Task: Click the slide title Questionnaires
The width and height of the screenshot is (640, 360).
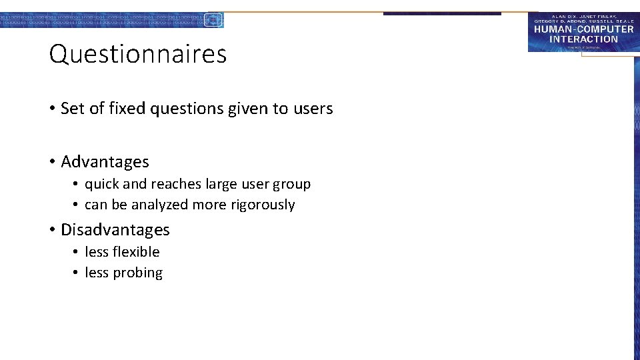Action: click(138, 54)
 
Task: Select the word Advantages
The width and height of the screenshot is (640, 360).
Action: click(105, 162)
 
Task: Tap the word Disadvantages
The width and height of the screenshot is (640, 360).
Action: click(115, 230)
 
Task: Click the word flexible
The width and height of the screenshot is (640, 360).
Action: click(136, 252)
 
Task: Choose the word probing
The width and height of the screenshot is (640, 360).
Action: click(138, 273)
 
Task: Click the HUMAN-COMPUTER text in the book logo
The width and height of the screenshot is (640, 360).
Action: click(583, 30)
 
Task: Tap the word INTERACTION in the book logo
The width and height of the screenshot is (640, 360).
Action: click(583, 39)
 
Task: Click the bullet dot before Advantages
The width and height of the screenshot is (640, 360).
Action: click(51, 162)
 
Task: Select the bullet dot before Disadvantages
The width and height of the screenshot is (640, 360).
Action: click(51, 230)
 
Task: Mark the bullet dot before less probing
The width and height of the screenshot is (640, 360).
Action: click(77, 273)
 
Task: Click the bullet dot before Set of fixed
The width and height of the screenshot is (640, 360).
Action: click(51, 109)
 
